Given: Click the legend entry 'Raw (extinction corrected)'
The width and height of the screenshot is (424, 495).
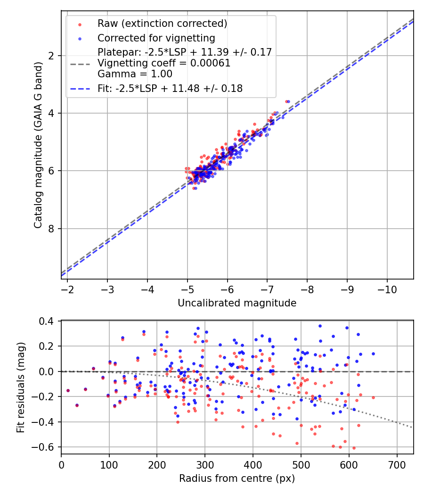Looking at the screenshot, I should coord(162,24).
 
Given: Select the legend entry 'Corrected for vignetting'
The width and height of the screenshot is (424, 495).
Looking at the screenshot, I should coord(156,38).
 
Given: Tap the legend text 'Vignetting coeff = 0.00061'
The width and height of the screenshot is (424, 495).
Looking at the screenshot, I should coord(164,63).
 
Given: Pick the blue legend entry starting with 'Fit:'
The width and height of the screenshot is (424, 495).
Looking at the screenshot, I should coord(170,88).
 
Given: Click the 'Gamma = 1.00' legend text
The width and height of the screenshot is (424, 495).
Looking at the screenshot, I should coord(135,74).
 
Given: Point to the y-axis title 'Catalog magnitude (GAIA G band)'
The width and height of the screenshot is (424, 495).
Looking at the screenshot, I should coord(38,145).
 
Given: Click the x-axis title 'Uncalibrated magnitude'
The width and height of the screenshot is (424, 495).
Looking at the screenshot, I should coord(237,303).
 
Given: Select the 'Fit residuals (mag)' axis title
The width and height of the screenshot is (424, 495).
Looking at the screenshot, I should coord(20,388).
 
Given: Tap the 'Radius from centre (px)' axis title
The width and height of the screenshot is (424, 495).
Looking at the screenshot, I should coord(237,478).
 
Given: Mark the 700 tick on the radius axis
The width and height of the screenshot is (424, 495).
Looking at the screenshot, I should coord(397,464).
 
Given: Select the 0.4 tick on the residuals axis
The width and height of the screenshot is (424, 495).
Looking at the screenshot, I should coord(50,321).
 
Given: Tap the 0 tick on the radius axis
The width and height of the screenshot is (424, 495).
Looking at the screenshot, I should coord(61,464).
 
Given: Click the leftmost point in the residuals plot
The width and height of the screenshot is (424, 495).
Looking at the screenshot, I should coord(68,390).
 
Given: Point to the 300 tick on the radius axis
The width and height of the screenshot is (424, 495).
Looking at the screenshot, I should coord(205,464).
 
